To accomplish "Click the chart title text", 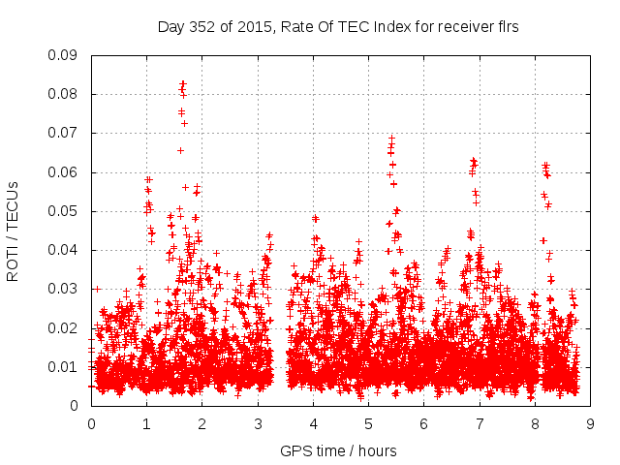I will pyautogui.click(x=338, y=27).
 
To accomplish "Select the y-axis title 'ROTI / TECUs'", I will pyautogui.click(x=13, y=231).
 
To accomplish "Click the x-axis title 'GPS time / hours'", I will pyautogui.click(x=339, y=450).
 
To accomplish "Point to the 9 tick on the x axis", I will pyautogui.click(x=590, y=423).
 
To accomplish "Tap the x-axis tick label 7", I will pyautogui.click(x=480, y=423).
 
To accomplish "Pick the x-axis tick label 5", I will pyautogui.click(x=368, y=423).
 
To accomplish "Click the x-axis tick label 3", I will pyautogui.click(x=258, y=423).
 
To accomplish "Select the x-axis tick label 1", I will pyautogui.click(x=146, y=423).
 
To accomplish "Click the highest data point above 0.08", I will pyautogui.click(x=183, y=83).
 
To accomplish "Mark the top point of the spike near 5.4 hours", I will pyautogui.click(x=392, y=138).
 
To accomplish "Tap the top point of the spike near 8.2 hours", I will pyautogui.click(x=545, y=165).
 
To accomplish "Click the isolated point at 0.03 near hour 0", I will pyautogui.click(x=97, y=289).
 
